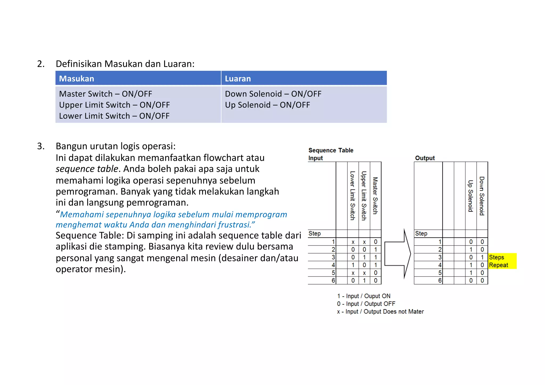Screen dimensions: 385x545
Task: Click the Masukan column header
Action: point(77,79)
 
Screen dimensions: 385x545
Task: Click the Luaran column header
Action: point(238,79)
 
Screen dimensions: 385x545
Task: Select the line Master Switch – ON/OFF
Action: point(105,94)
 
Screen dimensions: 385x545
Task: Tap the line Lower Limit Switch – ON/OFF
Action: point(114,116)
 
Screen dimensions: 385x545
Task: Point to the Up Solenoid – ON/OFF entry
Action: point(267,105)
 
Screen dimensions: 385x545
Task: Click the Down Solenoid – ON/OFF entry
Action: point(273,94)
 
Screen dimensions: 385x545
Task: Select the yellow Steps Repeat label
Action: point(502,261)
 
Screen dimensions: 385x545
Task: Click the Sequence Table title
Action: point(331,150)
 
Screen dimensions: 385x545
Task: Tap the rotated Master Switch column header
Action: point(375,196)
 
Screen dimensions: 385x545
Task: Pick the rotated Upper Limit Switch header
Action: point(364,196)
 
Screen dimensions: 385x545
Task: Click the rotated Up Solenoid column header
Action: point(470,196)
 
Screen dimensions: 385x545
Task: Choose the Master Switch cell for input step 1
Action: point(375,242)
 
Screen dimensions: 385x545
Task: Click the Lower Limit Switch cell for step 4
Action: point(353,265)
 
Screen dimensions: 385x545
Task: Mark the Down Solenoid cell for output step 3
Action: point(482,257)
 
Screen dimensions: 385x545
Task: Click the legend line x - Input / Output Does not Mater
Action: point(380,312)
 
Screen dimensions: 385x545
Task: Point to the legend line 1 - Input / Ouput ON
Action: point(364,296)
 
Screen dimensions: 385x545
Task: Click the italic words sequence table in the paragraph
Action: point(87,169)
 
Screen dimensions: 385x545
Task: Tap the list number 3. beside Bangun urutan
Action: point(41,146)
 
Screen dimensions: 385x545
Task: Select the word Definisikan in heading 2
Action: point(79,64)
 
